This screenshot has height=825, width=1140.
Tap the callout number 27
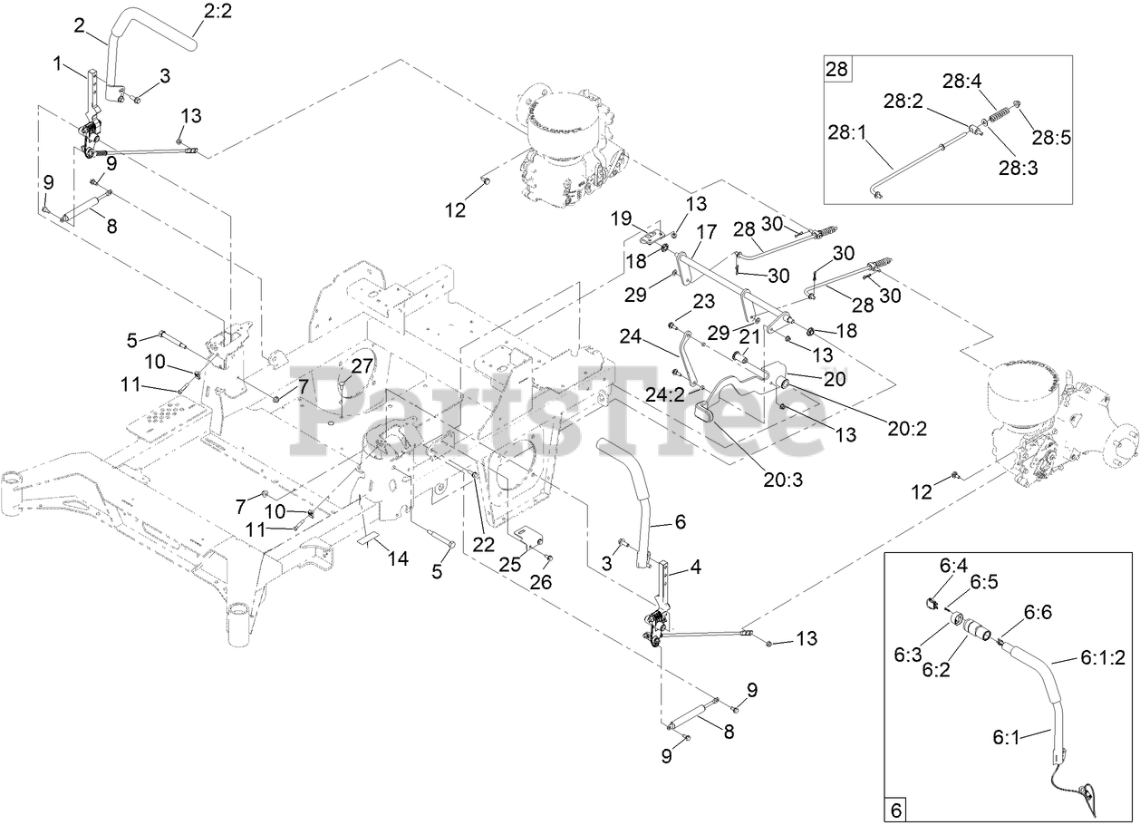click(x=362, y=365)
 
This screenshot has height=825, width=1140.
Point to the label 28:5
click(x=1051, y=137)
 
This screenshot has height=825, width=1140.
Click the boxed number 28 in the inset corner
click(x=837, y=69)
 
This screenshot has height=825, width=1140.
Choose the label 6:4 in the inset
click(x=953, y=565)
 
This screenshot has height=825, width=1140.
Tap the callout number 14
click(x=399, y=559)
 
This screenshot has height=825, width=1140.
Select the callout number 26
click(x=541, y=582)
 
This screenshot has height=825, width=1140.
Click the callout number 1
click(x=57, y=63)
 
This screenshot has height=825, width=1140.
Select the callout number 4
click(x=696, y=568)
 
